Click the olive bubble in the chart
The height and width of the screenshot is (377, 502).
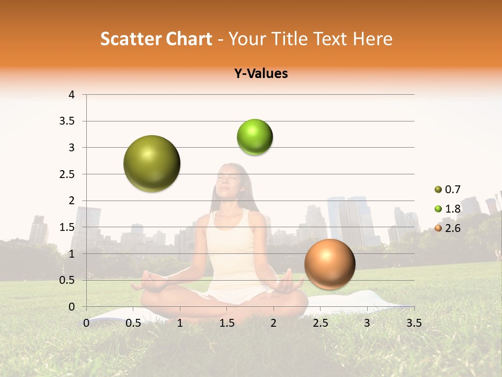pyautogui.click(x=152, y=163)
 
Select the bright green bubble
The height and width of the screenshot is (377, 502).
pyautogui.click(x=255, y=137)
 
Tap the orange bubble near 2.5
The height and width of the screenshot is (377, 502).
pyautogui.click(x=329, y=264)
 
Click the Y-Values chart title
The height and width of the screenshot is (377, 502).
pyautogui.click(x=261, y=74)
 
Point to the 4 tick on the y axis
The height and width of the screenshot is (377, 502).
pyautogui.click(x=72, y=95)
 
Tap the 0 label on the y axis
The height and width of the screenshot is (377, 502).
pyautogui.click(x=72, y=307)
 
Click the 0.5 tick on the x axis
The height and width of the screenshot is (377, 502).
pyautogui.click(x=133, y=323)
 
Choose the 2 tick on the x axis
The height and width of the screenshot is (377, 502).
pyautogui.click(x=273, y=323)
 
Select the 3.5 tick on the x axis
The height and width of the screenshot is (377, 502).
pyautogui.click(x=414, y=323)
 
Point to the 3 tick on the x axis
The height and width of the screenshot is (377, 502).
pyautogui.click(x=367, y=323)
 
